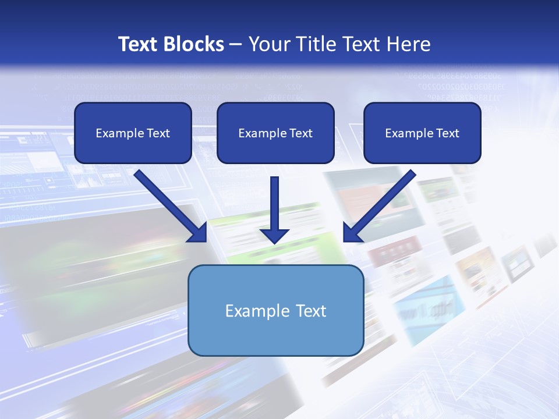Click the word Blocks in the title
[195, 44]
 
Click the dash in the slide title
[236, 45]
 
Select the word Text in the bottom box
[310, 311]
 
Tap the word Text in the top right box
[447, 133]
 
